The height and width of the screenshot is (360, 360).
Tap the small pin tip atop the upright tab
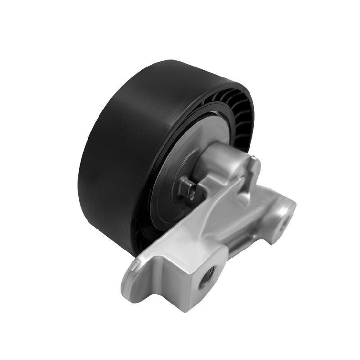click(x=255, y=157)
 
